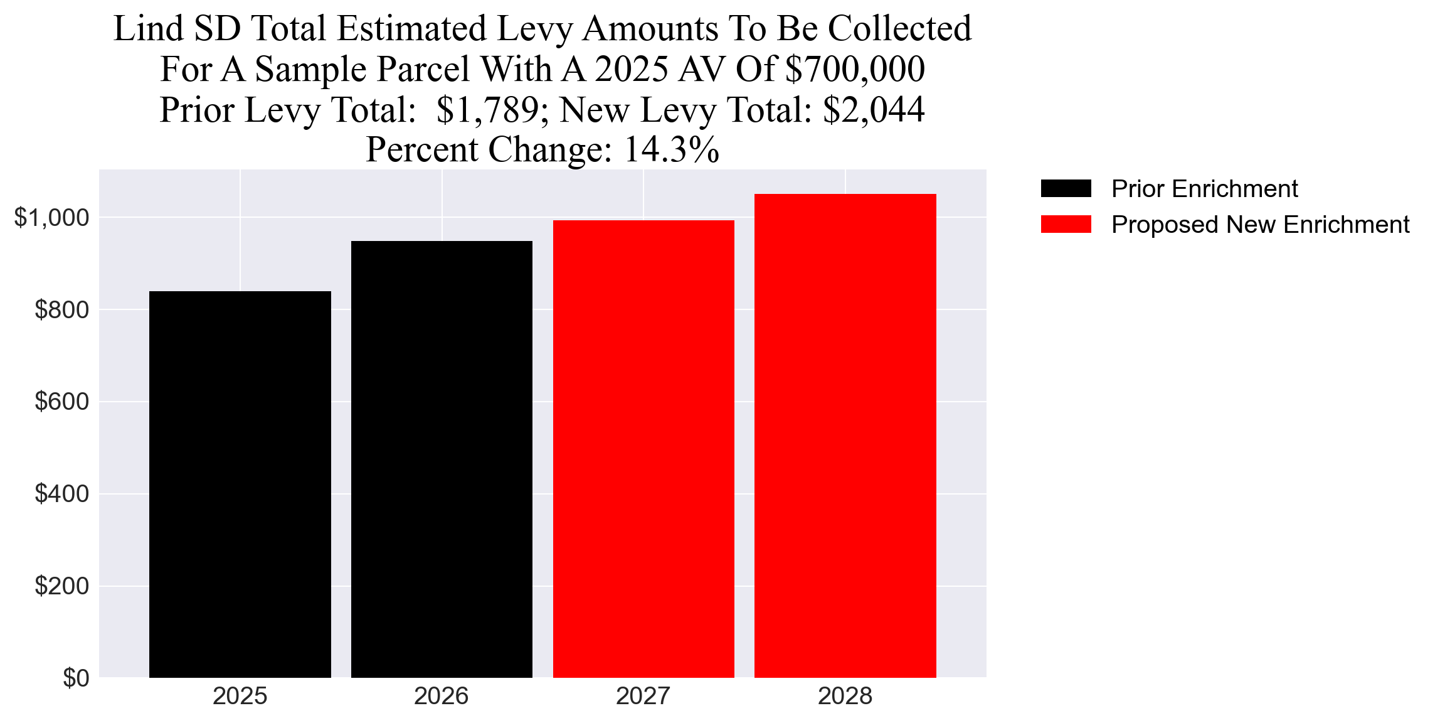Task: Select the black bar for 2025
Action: [x=240, y=484]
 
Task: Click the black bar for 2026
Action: [x=442, y=459]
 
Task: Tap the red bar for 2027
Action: [x=643, y=449]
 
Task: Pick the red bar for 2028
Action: [x=845, y=436]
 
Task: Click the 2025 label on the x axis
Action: [x=240, y=696]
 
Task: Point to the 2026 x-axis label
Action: [x=442, y=696]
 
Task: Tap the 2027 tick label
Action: [x=643, y=696]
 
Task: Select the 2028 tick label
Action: [x=845, y=696]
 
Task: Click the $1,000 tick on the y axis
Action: [x=52, y=218]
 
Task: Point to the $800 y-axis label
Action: [x=62, y=309]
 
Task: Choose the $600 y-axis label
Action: [x=62, y=402]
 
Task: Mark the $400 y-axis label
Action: [x=62, y=494]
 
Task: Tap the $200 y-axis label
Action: [x=62, y=586]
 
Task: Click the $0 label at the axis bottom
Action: [x=76, y=678]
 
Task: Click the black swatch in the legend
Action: [x=1066, y=188]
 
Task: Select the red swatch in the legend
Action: [x=1066, y=224]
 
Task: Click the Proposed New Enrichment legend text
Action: [x=1260, y=224]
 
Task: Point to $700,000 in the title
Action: [x=855, y=69]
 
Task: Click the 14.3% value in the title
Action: [x=671, y=150]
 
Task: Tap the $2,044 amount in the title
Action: [x=874, y=110]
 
